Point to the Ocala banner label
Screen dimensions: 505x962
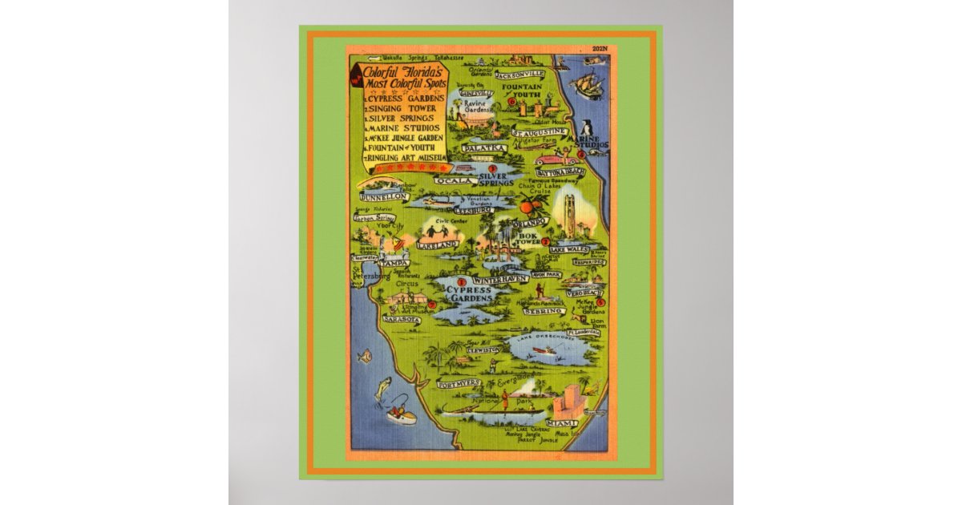pyautogui.click(x=455, y=181)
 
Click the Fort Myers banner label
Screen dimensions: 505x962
pyautogui.click(x=457, y=383)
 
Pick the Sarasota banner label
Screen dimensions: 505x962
pyautogui.click(x=402, y=319)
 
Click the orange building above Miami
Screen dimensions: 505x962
pyautogui.click(x=568, y=400)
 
